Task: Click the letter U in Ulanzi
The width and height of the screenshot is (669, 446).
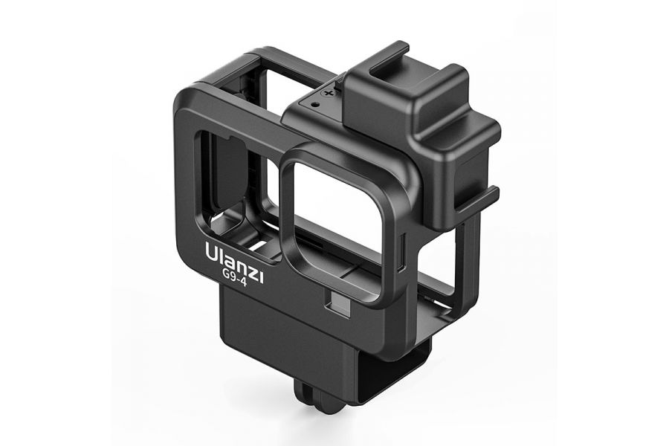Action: [212, 252]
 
